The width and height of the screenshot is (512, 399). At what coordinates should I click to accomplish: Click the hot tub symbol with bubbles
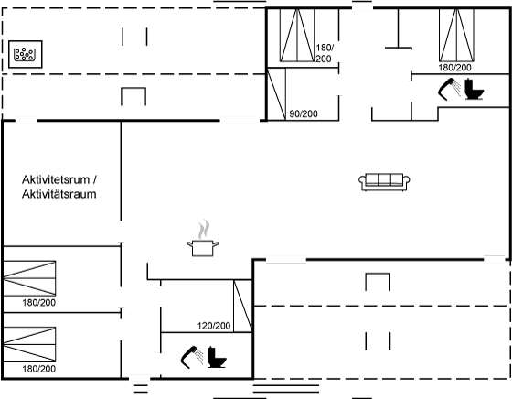coord(26,54)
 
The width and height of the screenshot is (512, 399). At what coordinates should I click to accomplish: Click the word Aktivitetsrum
coord(56,179)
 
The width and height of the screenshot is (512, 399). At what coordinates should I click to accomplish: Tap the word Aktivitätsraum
coord(59,194)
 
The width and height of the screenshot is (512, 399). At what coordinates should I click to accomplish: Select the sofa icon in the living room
coord(384,182)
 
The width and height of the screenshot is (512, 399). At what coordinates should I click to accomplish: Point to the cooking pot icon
coord(203,248)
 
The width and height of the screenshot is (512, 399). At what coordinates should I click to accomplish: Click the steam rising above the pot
coord(203,229)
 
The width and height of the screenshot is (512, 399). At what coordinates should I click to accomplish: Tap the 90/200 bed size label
coord(304,113)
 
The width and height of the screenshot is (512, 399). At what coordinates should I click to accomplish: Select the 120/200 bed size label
coord(214,326)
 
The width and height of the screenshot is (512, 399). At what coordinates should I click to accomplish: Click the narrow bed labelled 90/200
coord(276,94)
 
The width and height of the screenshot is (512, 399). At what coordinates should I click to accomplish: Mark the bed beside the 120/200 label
coord(242,306)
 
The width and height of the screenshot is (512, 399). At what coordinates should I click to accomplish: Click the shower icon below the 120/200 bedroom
coord(191,357)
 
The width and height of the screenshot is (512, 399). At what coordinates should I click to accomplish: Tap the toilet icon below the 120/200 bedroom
coord(216,357)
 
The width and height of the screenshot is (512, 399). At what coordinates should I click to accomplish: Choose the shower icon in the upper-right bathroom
coord(449,89)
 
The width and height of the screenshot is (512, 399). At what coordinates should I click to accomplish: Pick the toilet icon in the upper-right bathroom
coord(475,89)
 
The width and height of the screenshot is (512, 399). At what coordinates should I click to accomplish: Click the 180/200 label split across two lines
coord(325,53)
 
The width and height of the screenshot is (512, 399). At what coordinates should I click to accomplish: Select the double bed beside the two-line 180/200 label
coord(297,36)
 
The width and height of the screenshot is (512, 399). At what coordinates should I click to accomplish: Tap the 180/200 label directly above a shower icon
coord(455,68)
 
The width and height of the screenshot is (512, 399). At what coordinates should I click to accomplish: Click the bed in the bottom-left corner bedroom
coord(29,344)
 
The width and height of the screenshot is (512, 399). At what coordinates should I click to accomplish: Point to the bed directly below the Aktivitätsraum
coord(29,278)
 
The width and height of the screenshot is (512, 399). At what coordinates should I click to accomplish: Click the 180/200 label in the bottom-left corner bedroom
coord(38,369)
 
